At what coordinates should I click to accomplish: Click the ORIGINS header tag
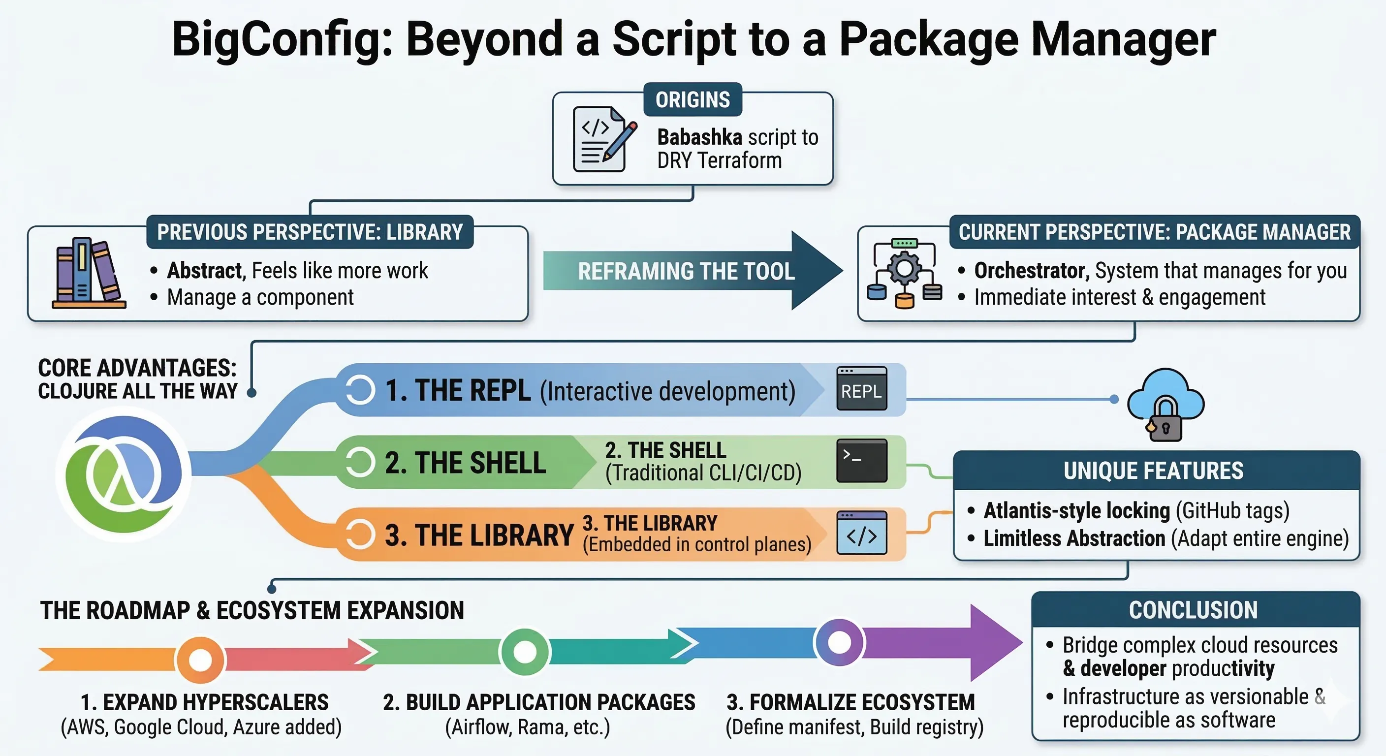(693, 99)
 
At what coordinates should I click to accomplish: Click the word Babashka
(699, 137)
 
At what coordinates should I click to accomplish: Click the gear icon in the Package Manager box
(905, 269)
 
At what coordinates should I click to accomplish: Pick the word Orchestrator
(1032, 270)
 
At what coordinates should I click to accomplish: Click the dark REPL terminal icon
(861, 389)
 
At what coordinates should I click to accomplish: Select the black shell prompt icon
(861, 461)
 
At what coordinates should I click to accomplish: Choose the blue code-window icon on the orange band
(861, 533)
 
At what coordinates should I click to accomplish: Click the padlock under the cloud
(1165, 425)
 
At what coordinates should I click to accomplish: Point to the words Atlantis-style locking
(1076, 510)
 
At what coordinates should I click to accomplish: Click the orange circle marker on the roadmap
(200, 659)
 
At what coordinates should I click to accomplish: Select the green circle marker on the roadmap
(525, 652)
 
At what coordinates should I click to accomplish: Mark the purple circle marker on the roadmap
(839, 641)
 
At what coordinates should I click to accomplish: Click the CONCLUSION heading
(1193, 610)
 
